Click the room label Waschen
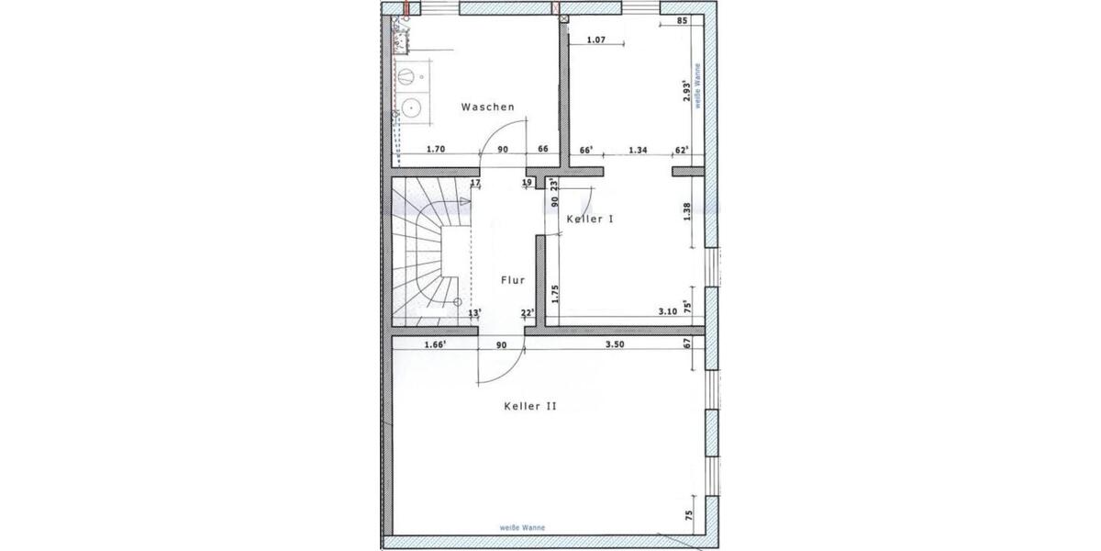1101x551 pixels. (487, 107)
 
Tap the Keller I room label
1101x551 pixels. (589, 219)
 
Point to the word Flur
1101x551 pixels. (512, 281)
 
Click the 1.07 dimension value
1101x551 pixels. (595, 39)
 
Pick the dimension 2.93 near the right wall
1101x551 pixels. (686, 89)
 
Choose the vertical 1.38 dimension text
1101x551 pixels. (687, 212)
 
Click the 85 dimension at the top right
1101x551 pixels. (681, 20)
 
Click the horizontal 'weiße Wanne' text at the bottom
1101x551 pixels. (523, 527)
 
